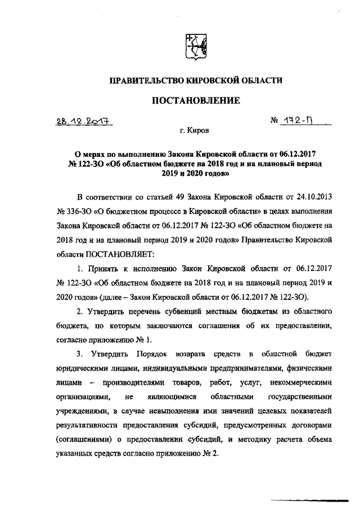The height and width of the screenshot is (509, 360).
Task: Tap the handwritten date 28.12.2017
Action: (x=84, y=121)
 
